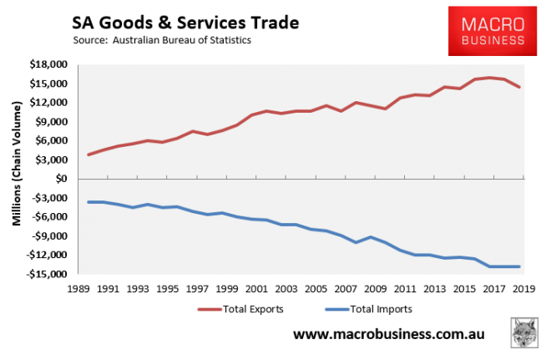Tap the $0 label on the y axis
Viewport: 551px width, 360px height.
tap(59, 179)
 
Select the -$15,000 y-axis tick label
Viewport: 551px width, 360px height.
tap(46, 274)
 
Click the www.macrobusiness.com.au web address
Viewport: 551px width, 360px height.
tap(388, 335)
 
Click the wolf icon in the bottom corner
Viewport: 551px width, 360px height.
tap(523, 333)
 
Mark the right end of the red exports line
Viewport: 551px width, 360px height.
tap(520, 87)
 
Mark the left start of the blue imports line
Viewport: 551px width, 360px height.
tap(88, 202)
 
